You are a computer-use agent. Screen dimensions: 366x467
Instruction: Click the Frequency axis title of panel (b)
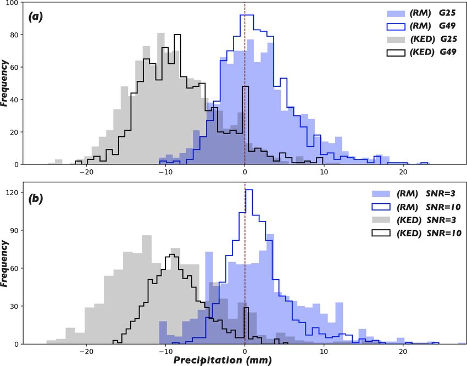click(x=5, y=264)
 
